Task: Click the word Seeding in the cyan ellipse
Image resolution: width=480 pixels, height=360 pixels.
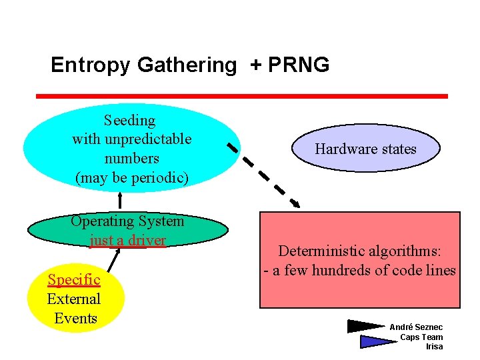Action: tap(129, 121)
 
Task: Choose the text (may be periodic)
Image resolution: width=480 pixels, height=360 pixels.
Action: tap(132, 177)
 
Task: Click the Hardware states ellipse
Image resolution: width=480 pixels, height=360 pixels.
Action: tap(365, 149)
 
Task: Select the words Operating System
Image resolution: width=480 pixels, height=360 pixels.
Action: tap(127, 221)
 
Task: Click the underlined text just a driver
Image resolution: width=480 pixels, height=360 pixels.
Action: tap(127, 239)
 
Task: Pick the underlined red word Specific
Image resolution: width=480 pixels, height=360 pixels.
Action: tap(73, 280)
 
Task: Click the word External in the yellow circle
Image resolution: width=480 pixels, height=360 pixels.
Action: tap(73, 299)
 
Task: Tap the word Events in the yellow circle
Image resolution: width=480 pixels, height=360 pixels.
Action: tap(75, 318)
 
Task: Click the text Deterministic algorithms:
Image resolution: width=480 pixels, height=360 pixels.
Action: tap(359, 251)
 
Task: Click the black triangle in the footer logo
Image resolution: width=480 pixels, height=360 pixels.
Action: tap(365, 327)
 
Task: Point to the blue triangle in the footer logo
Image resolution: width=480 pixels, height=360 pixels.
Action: tap(377, 341)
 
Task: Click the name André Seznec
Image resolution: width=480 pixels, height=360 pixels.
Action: tap(416, 327)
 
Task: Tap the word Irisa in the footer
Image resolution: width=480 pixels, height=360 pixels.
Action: tap(434, 347)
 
